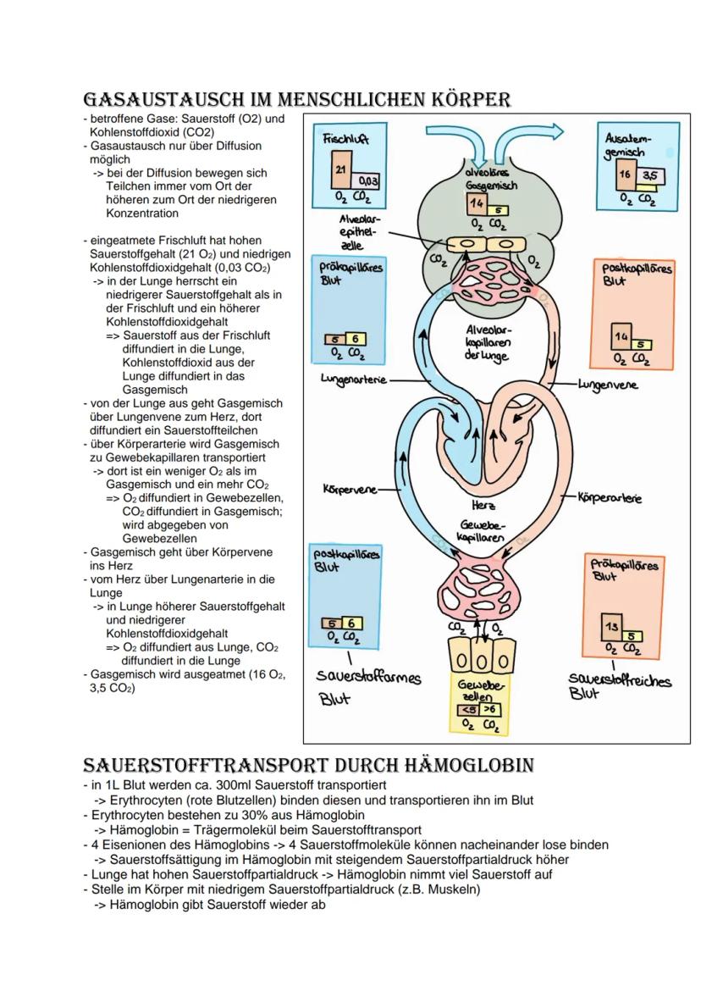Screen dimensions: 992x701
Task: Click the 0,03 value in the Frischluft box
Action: pyautogui.click(x=368, y=180)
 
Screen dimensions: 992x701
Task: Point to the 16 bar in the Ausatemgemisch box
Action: pyautogui.click(x=625, y=175)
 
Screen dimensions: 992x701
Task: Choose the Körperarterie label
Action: pyautogui.click(x=609, y=498)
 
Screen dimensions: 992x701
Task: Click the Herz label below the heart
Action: pyautogui.click(x=483, y=505)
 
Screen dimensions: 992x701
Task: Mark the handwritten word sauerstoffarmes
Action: pyautogui.click(x=368, y=678)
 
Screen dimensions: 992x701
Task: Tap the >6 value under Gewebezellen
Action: pyautogui.click(x=490, y=710)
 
